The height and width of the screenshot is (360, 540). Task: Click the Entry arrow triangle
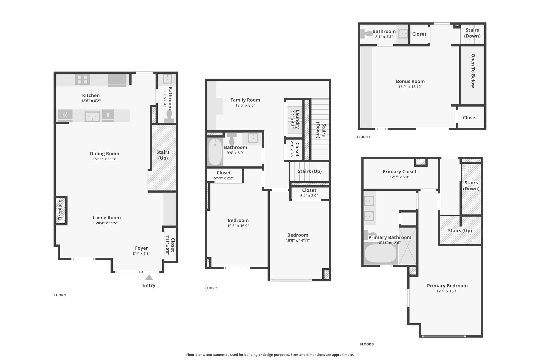[149, 277]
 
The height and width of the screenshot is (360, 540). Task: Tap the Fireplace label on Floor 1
[60, 210]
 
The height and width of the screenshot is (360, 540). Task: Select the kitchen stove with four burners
[82, 80]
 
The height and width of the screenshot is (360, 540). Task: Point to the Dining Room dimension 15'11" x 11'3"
[104, 159]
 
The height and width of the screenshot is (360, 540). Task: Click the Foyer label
[141, 248]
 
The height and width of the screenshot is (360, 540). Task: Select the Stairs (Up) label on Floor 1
[163, 155]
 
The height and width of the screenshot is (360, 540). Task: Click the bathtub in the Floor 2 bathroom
[215, 152]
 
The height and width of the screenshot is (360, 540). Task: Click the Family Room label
[245, 100]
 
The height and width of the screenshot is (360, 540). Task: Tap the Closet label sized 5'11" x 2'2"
[223, 173]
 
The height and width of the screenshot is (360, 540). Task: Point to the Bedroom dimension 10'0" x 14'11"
[298, 240]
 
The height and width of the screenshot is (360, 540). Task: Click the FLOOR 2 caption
[210, 288]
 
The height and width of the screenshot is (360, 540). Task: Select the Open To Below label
[473, 71]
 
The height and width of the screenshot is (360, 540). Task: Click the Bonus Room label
[410, 81]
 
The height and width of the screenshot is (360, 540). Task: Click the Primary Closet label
[399, 171]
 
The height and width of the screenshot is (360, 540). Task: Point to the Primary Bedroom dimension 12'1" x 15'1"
[447, 291]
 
